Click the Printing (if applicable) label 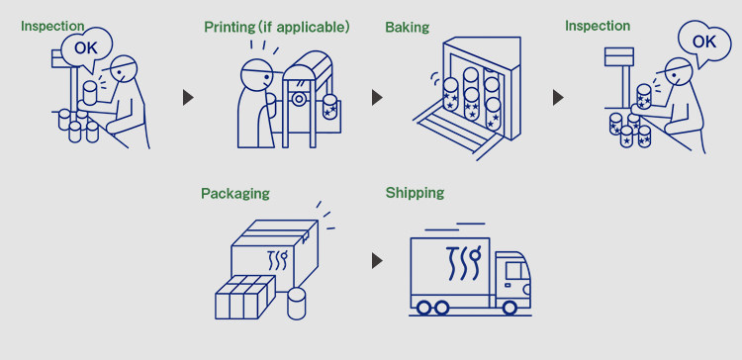tap(277, 28)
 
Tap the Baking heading tap(407, 27)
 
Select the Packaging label tap(235, 194)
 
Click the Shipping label tap(415, 193)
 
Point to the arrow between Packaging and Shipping tap(377, 261)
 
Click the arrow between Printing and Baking tap(377, 98)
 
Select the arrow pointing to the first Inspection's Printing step tap(188, 98)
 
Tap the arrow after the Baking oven tap(558, 98)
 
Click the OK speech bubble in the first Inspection tap(87, 48)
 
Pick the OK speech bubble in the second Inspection tap(704, 43)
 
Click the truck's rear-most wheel tap(424, 308)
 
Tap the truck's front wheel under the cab tap(510, 308)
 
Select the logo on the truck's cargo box tap(463, 263)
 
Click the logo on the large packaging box tap(278, 260)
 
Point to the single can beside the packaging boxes tap(297, 304)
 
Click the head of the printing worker tap(258, 75)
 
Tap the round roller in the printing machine tap(298, 99)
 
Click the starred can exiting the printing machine tap(329, 107)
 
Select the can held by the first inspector tap(90, 93)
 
